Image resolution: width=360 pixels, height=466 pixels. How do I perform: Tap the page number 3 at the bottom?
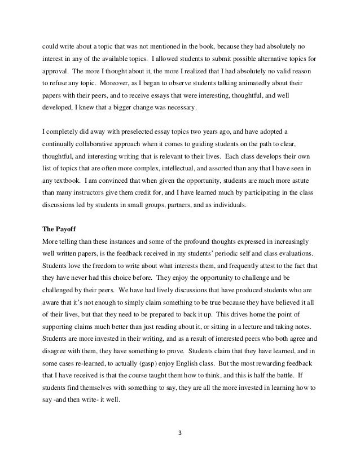[179, 434]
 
